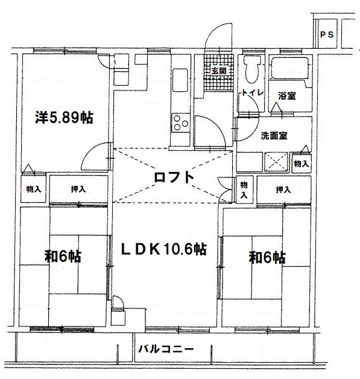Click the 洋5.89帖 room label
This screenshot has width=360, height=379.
pos(65,118)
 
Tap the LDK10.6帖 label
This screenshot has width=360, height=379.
pos(163,249)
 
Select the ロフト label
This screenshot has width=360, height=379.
pos(174,177)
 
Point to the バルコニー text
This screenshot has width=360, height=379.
pos(166,349)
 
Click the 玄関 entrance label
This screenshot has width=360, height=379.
pos(219,71)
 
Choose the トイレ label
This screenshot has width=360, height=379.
pos(252,92)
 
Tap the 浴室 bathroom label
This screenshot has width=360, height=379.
pos(287,96)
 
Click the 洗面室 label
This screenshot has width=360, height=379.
pos(274,136)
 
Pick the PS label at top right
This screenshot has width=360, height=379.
pos(327,35)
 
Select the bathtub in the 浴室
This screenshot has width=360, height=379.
pos(289,68)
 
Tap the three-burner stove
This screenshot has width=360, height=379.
pos(181,123)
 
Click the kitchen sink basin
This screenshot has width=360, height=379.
pos(180,80)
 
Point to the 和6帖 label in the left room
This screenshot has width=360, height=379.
pos(63,256)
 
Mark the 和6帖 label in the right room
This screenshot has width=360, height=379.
pos(267,257)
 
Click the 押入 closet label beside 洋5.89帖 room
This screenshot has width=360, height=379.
pos(78,189)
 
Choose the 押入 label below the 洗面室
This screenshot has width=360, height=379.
pos(283,189)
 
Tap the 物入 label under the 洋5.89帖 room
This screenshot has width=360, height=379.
pos(34,189)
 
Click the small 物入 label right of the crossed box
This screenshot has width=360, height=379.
pos(302,164)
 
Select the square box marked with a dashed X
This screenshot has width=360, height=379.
pos(276,162)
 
